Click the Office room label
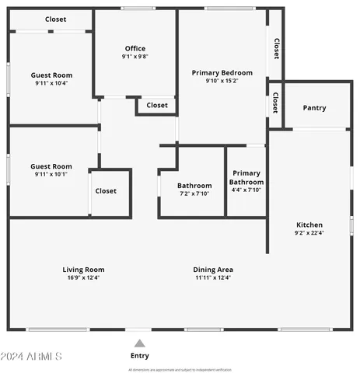[x=135, y=48]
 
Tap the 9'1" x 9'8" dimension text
[x=135, y=57]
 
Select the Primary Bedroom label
[x=222, y=72]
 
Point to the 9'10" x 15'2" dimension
[x=222, y=81]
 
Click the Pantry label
[x=314, y=108]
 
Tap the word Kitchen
[x=309, y=224]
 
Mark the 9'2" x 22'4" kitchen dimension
[x=309, y=232]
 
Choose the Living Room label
[x=83, y=270]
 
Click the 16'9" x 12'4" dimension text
[x=83, y=277]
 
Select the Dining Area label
[x=213, y=270]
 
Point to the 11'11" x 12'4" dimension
[x=213, y=277]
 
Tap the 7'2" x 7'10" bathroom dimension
[x=194, y=194]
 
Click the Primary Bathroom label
[x=246, y=177]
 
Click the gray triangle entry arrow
[x=139, y=343]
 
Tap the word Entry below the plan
[x=139, y=356]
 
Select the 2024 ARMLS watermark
[x=32, y=356]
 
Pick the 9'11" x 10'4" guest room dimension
[x=51, y=83]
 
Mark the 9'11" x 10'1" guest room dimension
[x=51, y=175]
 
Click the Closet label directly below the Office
[x=157, y=105]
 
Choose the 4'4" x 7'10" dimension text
[x=246, y=190]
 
